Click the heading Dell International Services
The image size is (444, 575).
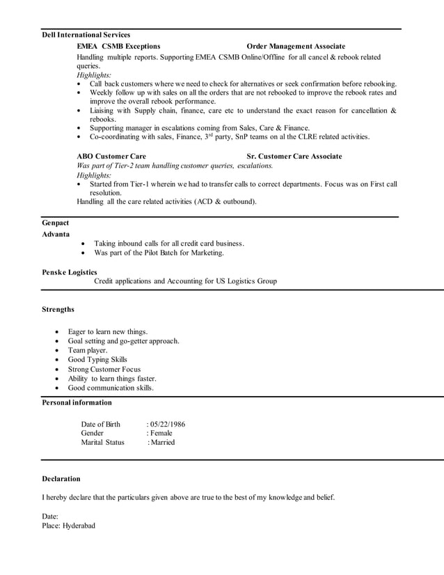pos(86,35)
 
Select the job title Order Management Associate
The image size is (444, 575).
pos(296,46)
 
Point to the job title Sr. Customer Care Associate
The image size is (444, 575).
pos(294,156)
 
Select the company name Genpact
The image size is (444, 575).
pos(56,223)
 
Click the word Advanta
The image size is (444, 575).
pos(56,234)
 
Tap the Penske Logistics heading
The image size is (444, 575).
pos(70,271)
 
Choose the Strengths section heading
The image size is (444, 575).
pos(58,309)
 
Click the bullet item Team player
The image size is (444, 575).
pos(87,351)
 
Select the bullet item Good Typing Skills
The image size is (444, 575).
pos(97,360)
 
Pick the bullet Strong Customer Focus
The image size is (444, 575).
pos(104,369)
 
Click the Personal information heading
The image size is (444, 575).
pos(77,402)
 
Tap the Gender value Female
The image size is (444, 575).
pos(161,433)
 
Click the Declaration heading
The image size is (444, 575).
pos(61,479)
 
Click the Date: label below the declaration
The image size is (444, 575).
pos(51,517)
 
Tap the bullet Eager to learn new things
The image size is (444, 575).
pos(107,332)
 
